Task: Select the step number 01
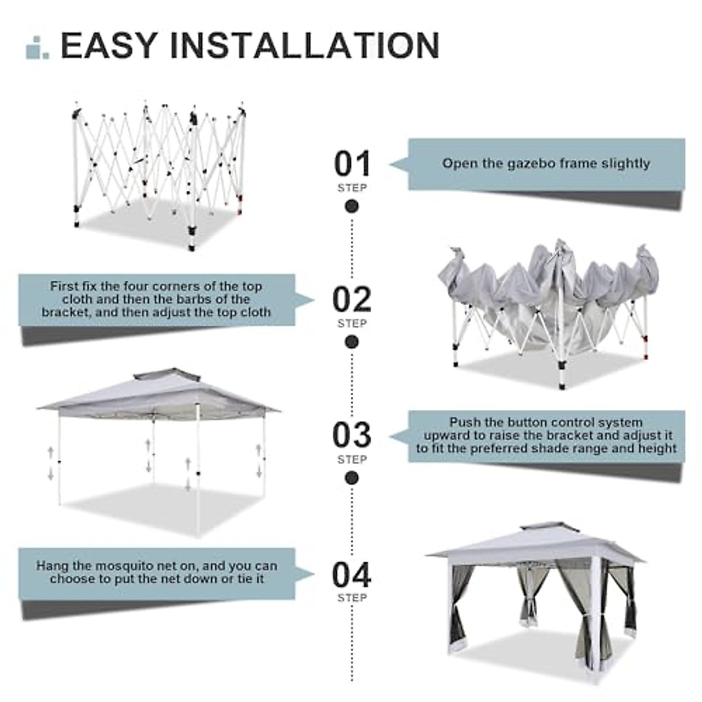pos(352,164)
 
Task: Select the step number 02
pos(352,300)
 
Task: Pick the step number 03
pos(352,435)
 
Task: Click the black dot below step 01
pos(352,207)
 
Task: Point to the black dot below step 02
pos(352,342)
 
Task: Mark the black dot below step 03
pos(352,478)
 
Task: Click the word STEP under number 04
pos(352,598)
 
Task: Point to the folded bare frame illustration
pos(158,170)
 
